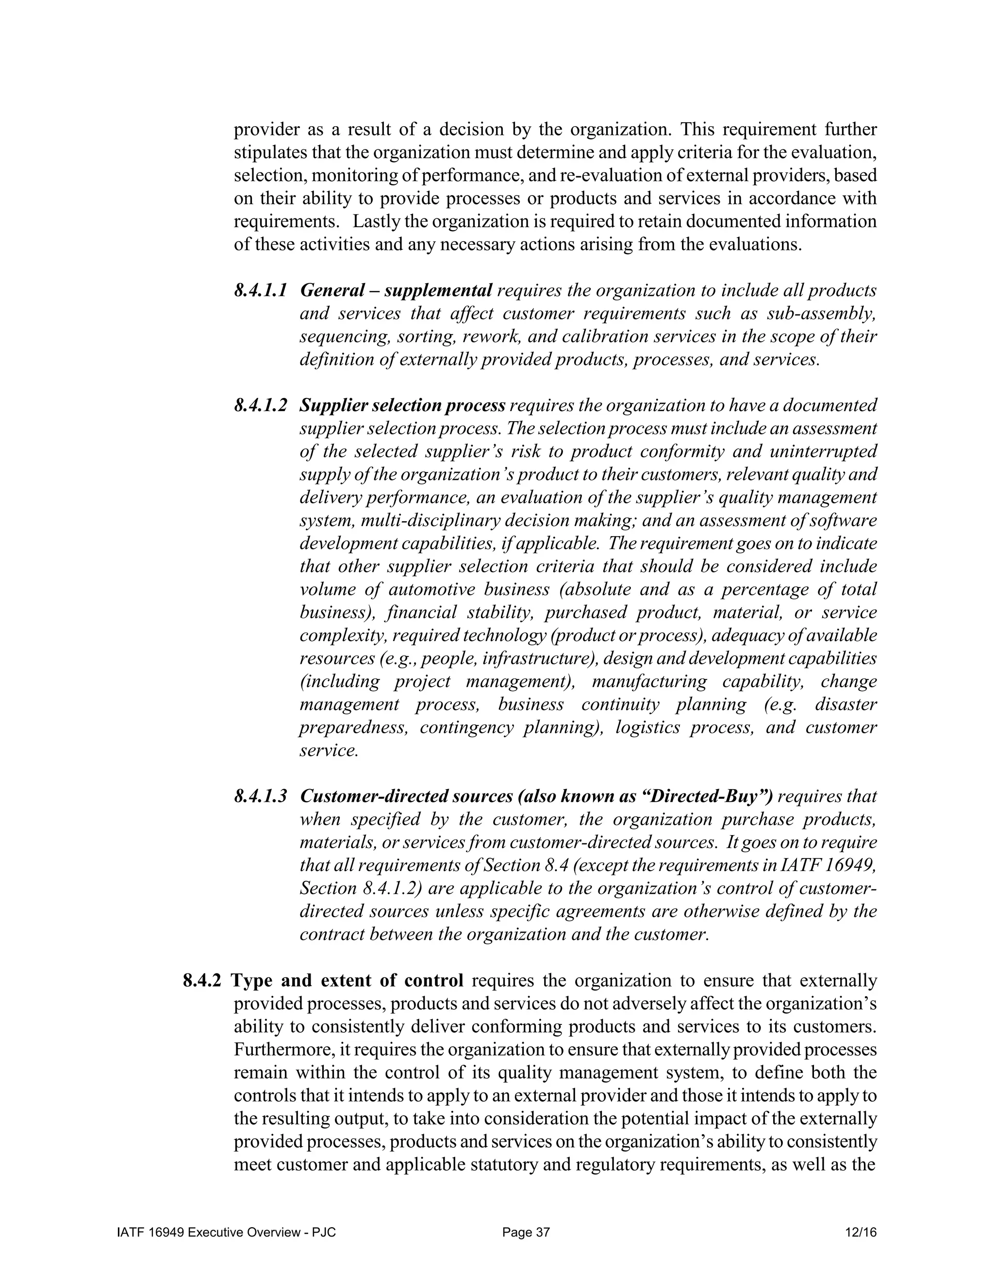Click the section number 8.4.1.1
point(260,290)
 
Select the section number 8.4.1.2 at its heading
point(260,405)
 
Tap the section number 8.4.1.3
point(260,796)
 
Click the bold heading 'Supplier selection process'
point(403,405)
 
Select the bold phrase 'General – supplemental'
point(396,290)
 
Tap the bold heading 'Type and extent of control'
point(347,980)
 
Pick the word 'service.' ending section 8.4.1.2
point(329,750)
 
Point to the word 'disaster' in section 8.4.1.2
point(846,704)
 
